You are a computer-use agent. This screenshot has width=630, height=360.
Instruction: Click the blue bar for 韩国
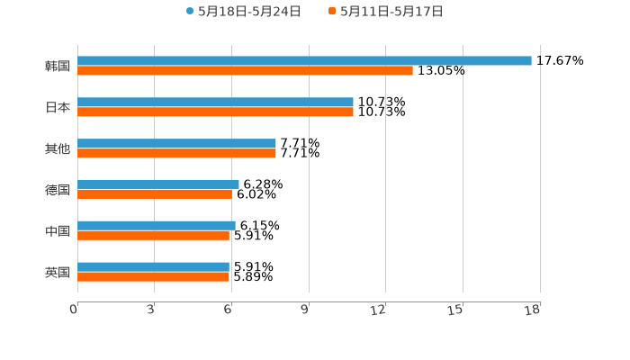[x=304, y=60]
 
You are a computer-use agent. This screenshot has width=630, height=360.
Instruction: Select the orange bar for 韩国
[x=245, y=70]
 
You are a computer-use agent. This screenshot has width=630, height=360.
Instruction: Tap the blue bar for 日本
[x=215, y=103]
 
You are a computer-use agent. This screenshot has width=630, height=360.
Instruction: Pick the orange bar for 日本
[x=215, y=112]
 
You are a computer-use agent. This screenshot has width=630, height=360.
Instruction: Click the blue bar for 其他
[x=176, y=144]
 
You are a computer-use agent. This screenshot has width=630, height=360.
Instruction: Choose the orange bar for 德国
[x=155, y=193]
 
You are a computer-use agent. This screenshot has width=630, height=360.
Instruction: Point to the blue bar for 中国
[x=157, y=225]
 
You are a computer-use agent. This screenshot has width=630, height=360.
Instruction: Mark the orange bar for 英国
[x=153, y=276]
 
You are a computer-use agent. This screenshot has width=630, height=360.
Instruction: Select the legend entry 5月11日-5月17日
[x=391, y=12]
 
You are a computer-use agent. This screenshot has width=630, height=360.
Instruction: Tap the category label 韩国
[x=58, y=66]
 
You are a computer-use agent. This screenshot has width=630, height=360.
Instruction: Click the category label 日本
[x=58, y=107]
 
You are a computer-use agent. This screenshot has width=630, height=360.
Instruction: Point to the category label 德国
[x=58, y=190]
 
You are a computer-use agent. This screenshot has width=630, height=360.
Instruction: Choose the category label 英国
[x=58, y=272]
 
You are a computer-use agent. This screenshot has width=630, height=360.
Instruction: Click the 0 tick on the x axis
[x=74, y=310]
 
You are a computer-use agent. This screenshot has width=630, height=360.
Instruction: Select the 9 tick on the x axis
[x=305, y=310]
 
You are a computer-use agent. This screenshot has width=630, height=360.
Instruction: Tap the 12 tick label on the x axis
[x=379, y=310]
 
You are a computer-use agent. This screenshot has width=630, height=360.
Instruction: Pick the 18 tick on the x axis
[x=533, y=310]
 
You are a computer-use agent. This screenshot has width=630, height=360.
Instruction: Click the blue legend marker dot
[x=190, y=12]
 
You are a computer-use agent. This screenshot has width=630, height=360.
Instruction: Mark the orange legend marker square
[x=332, y=12]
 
